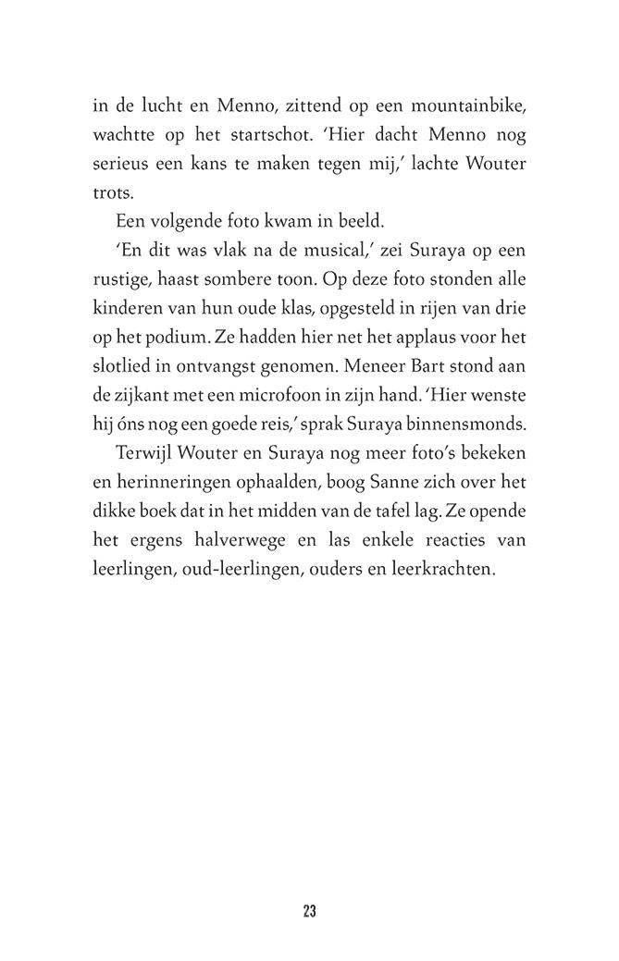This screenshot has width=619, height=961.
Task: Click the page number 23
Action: pyautogui.click(x=309, y=911)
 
